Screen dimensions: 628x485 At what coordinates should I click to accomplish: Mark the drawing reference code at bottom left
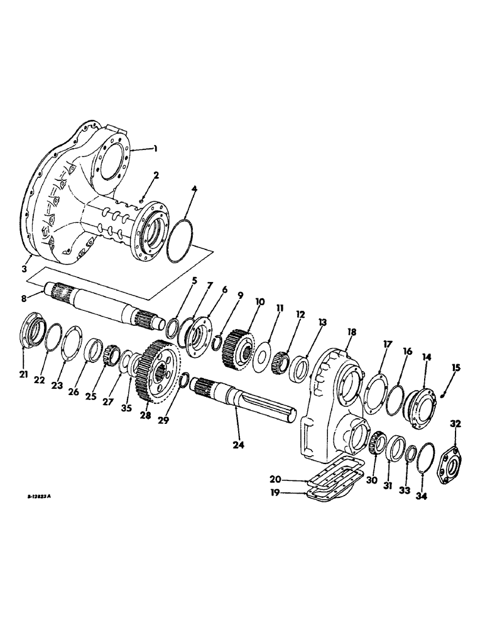click(38, 495)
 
